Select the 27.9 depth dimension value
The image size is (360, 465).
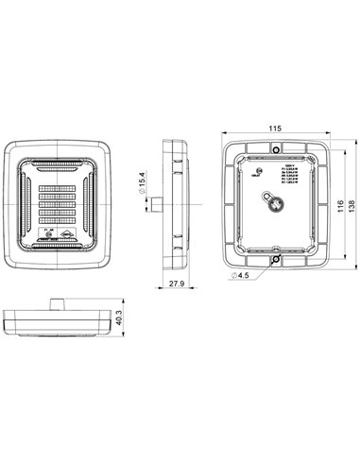point(177,284)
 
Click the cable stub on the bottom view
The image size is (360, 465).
point(58,302)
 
